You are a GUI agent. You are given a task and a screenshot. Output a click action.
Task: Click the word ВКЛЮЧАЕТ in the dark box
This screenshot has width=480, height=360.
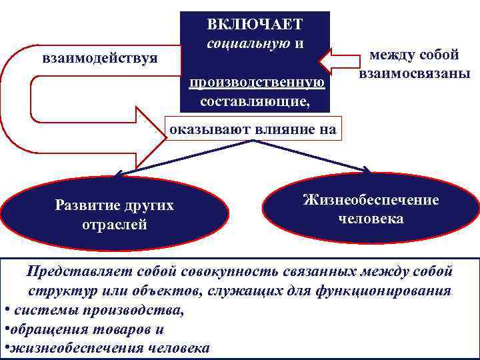(x=255, y=25)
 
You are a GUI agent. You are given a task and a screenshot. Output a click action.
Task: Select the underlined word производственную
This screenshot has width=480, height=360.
(x=257, y=83)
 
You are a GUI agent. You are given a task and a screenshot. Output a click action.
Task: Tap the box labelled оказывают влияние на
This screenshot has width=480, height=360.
(x=253, y=129)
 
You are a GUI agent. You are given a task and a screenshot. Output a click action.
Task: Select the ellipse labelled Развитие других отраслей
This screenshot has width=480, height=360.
(x=114, y=214)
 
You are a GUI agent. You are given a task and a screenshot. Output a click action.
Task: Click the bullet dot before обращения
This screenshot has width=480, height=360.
(x=6, y=329)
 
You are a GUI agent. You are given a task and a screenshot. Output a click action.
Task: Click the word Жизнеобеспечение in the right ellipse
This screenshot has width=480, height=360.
(x=371, y=199)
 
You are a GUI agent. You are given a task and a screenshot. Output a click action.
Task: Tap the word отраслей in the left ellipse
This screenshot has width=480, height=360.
(x=114, y=224)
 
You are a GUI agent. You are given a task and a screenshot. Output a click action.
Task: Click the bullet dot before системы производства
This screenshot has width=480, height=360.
(x=6, y=310)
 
